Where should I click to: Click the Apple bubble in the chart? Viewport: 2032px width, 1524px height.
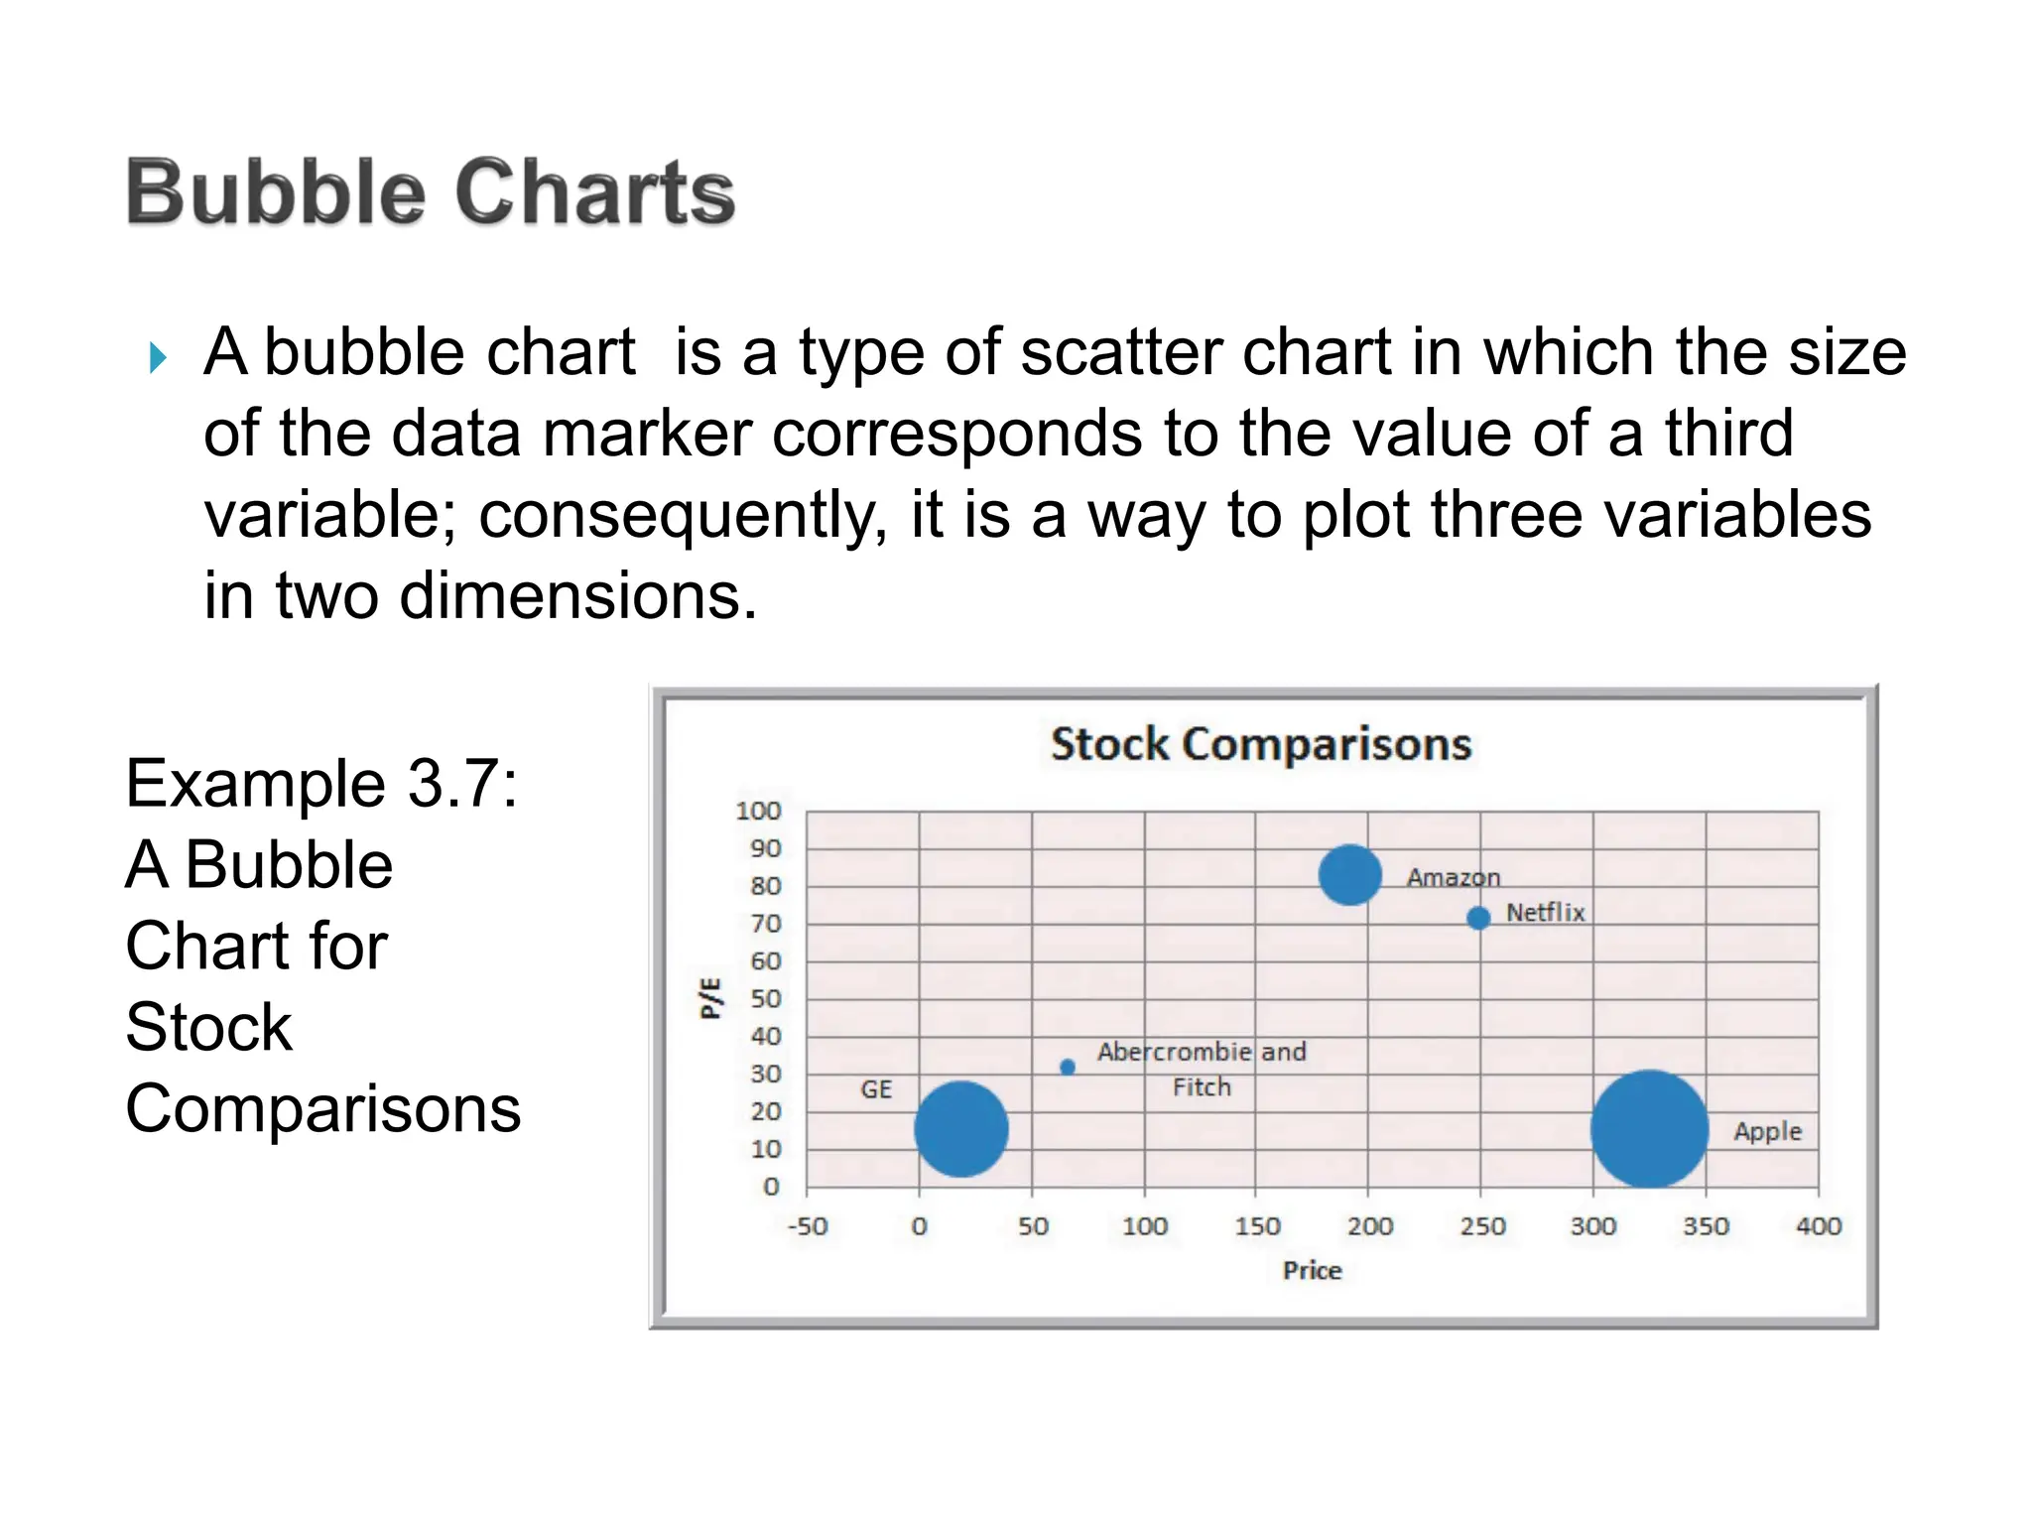point(1649,1129)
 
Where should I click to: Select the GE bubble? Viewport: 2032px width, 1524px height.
point(960,1129)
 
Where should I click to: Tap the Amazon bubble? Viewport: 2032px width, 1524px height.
point(1349,875)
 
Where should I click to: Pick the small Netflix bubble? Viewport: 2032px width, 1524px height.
point(1478,918)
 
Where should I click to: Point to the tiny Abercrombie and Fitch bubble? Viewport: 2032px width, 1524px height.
point(1068,1068)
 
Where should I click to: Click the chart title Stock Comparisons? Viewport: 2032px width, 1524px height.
point(1260,744)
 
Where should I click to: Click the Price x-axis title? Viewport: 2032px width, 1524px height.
point(1312,1271)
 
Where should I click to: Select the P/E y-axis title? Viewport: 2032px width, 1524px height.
point(710,998)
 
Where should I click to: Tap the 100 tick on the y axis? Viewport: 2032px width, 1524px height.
point(758,812)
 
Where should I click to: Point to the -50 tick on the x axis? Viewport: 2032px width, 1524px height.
point(807,1227)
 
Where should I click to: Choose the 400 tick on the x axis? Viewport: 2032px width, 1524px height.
point(1818,1227)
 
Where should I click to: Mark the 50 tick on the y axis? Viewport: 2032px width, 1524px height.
point(765,999)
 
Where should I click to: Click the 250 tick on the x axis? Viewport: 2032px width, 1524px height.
point(1481,1227)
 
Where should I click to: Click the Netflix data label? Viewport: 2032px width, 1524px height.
point(1545,913)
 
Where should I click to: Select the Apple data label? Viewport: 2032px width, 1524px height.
point(1767,1132)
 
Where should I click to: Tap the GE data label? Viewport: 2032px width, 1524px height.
point(876,1090)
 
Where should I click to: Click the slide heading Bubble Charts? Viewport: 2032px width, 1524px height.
point(431,192)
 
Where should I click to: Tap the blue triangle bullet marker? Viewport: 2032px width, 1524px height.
point(158,357)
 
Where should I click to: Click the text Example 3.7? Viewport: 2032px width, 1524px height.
point(321,784)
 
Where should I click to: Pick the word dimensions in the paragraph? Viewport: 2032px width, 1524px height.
point(577,596)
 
